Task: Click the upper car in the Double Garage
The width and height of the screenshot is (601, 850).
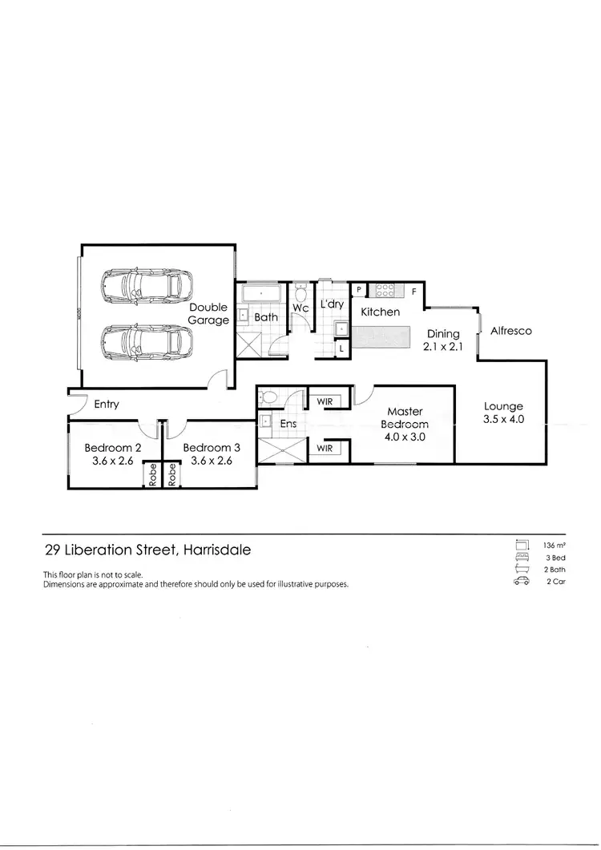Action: tap(147, 284)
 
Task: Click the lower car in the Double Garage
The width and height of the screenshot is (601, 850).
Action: tap(147, 340)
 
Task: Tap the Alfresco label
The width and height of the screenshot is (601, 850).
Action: tap(510, 330)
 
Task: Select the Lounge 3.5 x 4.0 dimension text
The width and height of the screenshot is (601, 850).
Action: tap(503, 419)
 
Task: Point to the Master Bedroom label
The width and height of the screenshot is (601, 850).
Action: tap(405, 417)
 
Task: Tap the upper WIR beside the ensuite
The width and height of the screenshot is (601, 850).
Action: tap(325, 401)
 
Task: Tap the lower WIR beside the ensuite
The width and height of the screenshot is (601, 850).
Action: tap(325, 449)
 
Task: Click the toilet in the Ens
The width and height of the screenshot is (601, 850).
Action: tap(270, 397)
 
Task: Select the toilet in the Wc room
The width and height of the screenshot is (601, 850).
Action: tap(300, 292)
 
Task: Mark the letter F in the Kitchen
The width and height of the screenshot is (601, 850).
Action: tap(414, 292)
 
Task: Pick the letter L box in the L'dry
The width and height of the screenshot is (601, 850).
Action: tap(341, 348)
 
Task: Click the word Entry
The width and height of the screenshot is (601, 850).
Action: tap(107, 404)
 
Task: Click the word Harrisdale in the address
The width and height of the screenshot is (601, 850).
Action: tap(216, 550)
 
